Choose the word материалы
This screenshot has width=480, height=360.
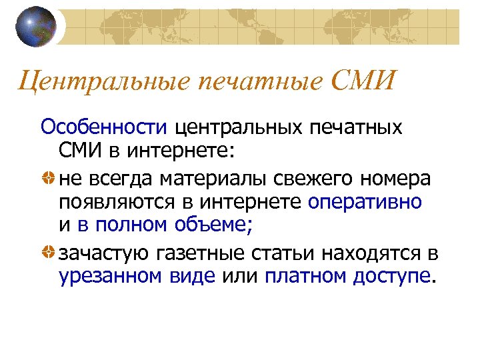(x=200, y=179)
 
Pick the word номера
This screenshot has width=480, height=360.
(x=395, y=179)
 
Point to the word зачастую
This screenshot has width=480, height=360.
(x=105, y=253)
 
